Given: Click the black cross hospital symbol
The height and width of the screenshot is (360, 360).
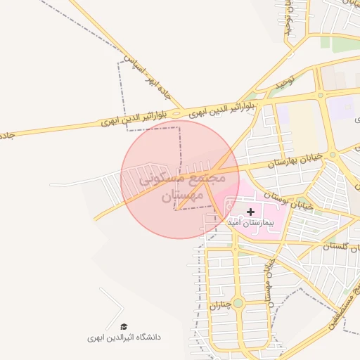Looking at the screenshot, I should pyautogui.click(x=251, y=212).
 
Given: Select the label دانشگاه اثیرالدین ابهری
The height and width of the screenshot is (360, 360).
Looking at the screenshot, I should pyautogui.click(x=124, y=337).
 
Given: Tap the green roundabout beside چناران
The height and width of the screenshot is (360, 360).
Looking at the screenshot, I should pyautogui.click(x=238, y=303).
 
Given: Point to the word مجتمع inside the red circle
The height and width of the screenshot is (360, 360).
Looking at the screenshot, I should pyautogui.click(x=208, y=176).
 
